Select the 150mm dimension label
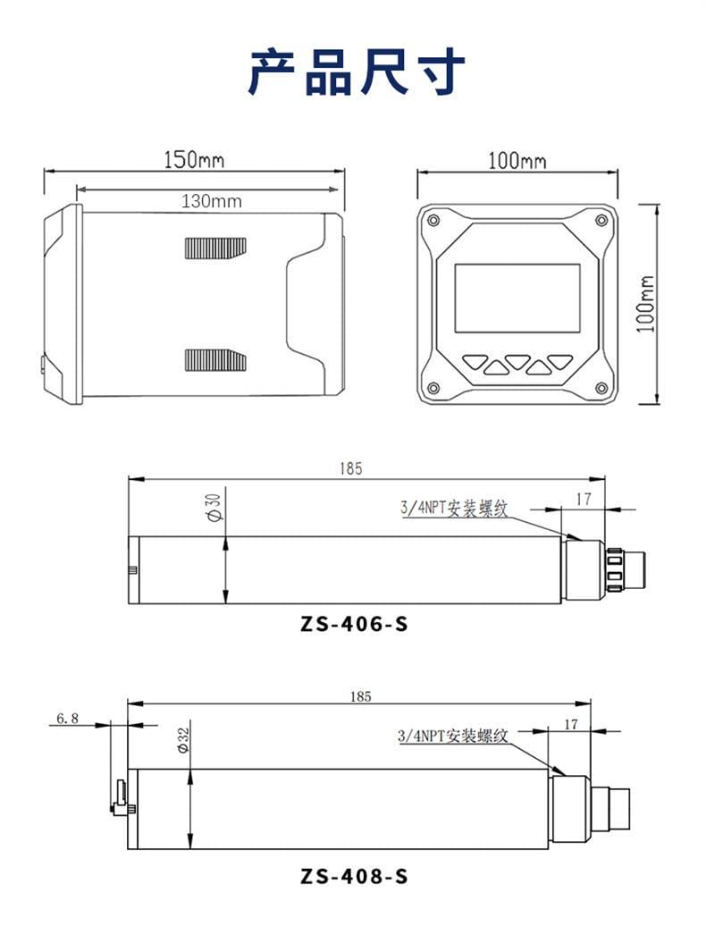click(x=193, y=160)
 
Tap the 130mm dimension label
click(x=211, y=201)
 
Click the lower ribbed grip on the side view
click(x=214, y=359)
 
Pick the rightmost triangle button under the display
click(x=559, y=362)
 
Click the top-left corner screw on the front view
click(x=433, y=221)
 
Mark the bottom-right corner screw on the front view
click(x=599, y=386)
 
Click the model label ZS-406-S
click(x=354, y=624)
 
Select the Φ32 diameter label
click(x=183, y=741)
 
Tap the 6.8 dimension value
click(x=68, y=718)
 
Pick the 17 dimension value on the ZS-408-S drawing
click(x=570, y=724)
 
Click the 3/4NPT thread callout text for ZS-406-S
click(x=453, y=509)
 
